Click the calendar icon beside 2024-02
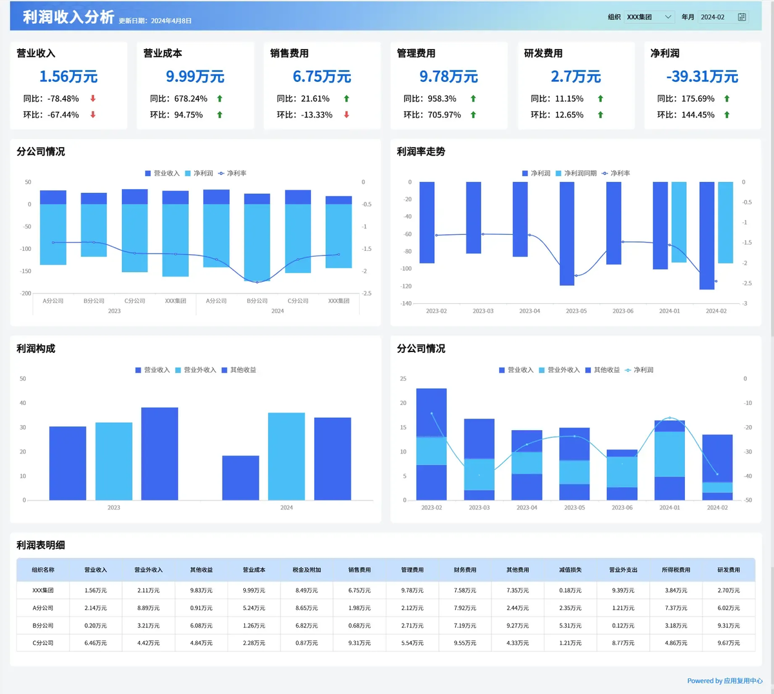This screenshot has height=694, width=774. [x=742, y=17]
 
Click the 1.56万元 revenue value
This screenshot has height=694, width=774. [x=68, y=77]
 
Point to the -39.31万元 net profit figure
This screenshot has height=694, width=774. [x=702, y=77]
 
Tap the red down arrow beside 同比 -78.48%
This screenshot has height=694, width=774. [x=93, y=99]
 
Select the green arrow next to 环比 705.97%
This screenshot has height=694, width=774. [x=473, y=115]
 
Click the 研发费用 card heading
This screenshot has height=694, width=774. [x=543, y=54]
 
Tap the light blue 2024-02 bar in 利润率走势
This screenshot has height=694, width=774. [x=726, y=223]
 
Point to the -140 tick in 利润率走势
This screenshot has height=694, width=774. [x=406, y=303]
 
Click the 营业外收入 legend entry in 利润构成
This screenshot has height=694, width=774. [x=195, y=370]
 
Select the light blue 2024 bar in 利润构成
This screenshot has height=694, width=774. [x=286, y=456]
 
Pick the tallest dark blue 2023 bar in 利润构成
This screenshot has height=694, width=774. [x=159, y=453]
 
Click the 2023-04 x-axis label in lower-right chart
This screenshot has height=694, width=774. [x=527, y=508]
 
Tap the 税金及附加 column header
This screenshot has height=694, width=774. [x=307, y=570]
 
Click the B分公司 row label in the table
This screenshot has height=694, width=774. [x=43, y=626]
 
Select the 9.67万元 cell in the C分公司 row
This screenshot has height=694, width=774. [x=729, y=643]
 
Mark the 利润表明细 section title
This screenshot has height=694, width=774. [x=41, y=545]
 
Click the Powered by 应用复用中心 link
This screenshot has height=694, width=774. [x=725, y=680]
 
